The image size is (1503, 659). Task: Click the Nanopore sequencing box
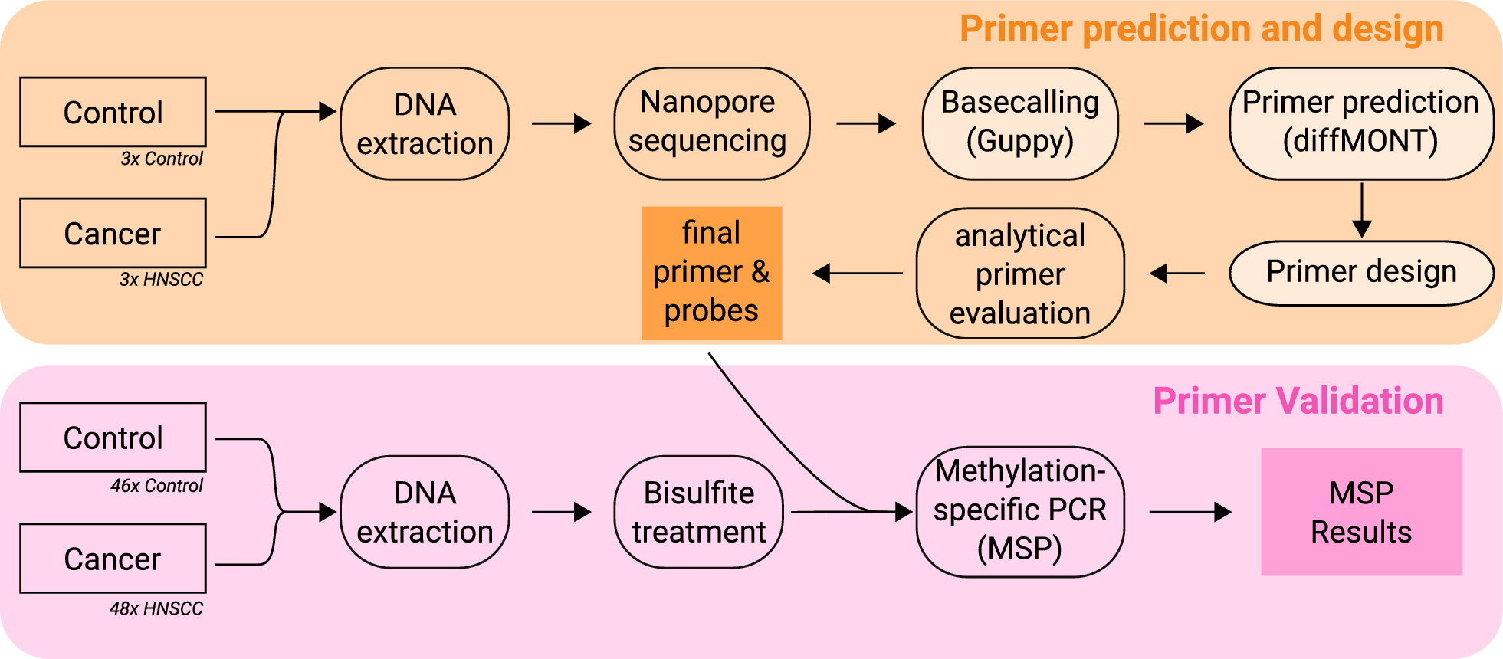point(711,123)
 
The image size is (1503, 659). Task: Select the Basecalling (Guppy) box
point(1020,123)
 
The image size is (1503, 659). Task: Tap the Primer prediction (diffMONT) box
point(1361,123)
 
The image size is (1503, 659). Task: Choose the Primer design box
point(1361,273)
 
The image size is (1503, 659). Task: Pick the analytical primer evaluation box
point(1020,274)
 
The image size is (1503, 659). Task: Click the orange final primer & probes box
point(711,273)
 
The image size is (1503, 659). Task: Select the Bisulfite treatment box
point(698,512)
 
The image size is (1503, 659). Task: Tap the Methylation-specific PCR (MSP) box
point(1020,511)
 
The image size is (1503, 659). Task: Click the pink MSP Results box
point(1361,512)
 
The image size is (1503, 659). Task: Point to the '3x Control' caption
point(162,159)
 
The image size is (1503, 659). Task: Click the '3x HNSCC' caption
point(161,280)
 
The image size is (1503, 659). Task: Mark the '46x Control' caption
point(156,486)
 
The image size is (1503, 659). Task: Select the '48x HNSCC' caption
point(156,609)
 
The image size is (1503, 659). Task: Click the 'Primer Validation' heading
point(1298,401)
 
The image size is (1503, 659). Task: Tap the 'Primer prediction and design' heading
point(1201,29)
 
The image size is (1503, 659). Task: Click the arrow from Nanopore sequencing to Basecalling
point(866,123)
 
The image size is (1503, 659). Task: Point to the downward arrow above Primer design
point(1362,210)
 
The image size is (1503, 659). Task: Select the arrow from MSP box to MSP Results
point(1190,512)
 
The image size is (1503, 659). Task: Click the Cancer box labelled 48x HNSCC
point(113,559)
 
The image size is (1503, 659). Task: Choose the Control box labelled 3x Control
point(113,112)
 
